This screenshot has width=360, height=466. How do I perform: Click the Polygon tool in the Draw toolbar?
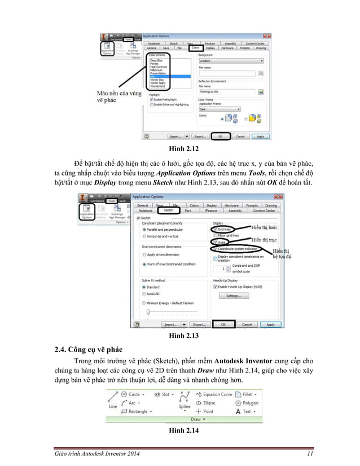247,403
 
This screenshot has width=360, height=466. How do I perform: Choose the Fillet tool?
244,394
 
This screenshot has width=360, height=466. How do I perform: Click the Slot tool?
165,394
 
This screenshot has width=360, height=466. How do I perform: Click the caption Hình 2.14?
179,432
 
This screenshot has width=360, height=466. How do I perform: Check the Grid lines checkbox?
216,229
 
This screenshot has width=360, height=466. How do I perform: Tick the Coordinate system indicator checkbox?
216,248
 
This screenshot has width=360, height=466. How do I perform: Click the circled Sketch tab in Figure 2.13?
169,210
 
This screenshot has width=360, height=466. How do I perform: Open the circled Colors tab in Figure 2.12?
194,48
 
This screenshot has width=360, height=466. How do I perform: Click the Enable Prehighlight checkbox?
151,100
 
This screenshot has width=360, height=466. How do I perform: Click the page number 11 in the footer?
310,454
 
